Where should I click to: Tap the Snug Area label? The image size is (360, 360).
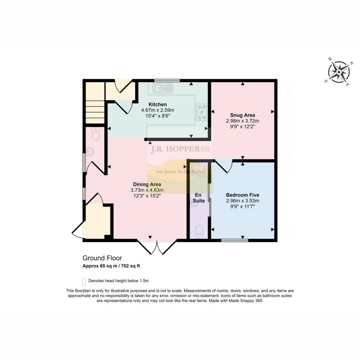243,115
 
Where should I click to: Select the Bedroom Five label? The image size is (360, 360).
243,195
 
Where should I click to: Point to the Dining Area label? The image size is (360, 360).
147,184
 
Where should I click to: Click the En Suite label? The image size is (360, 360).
199,198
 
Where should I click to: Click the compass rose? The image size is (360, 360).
339,72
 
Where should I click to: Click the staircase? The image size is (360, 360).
95,103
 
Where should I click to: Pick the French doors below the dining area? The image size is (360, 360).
157,247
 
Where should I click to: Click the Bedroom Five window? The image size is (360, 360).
235,240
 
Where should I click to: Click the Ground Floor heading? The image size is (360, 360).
102,258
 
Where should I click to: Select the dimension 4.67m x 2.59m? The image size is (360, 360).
157,110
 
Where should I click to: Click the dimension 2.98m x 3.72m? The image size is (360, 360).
243,121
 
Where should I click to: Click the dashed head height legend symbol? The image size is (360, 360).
84,281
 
